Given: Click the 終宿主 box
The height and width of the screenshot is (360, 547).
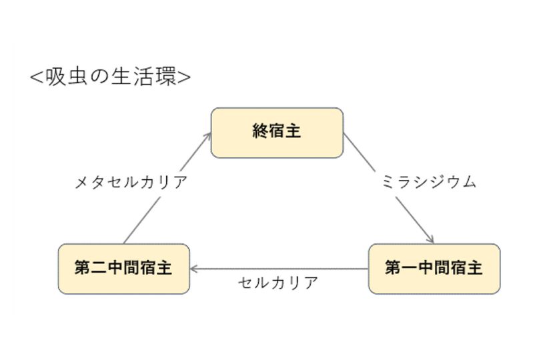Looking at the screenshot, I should (277, 133).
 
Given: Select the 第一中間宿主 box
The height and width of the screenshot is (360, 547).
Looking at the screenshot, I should (434, 269).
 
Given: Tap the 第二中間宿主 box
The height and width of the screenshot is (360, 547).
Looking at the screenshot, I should (123, 269).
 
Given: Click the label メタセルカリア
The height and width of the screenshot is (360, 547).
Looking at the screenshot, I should (131, 182).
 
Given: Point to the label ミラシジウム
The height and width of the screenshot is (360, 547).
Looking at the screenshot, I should (429, 182).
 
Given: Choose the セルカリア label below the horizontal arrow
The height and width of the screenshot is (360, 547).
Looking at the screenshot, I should (278, 283).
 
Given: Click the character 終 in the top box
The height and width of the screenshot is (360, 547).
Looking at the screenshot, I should (260, 131).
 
